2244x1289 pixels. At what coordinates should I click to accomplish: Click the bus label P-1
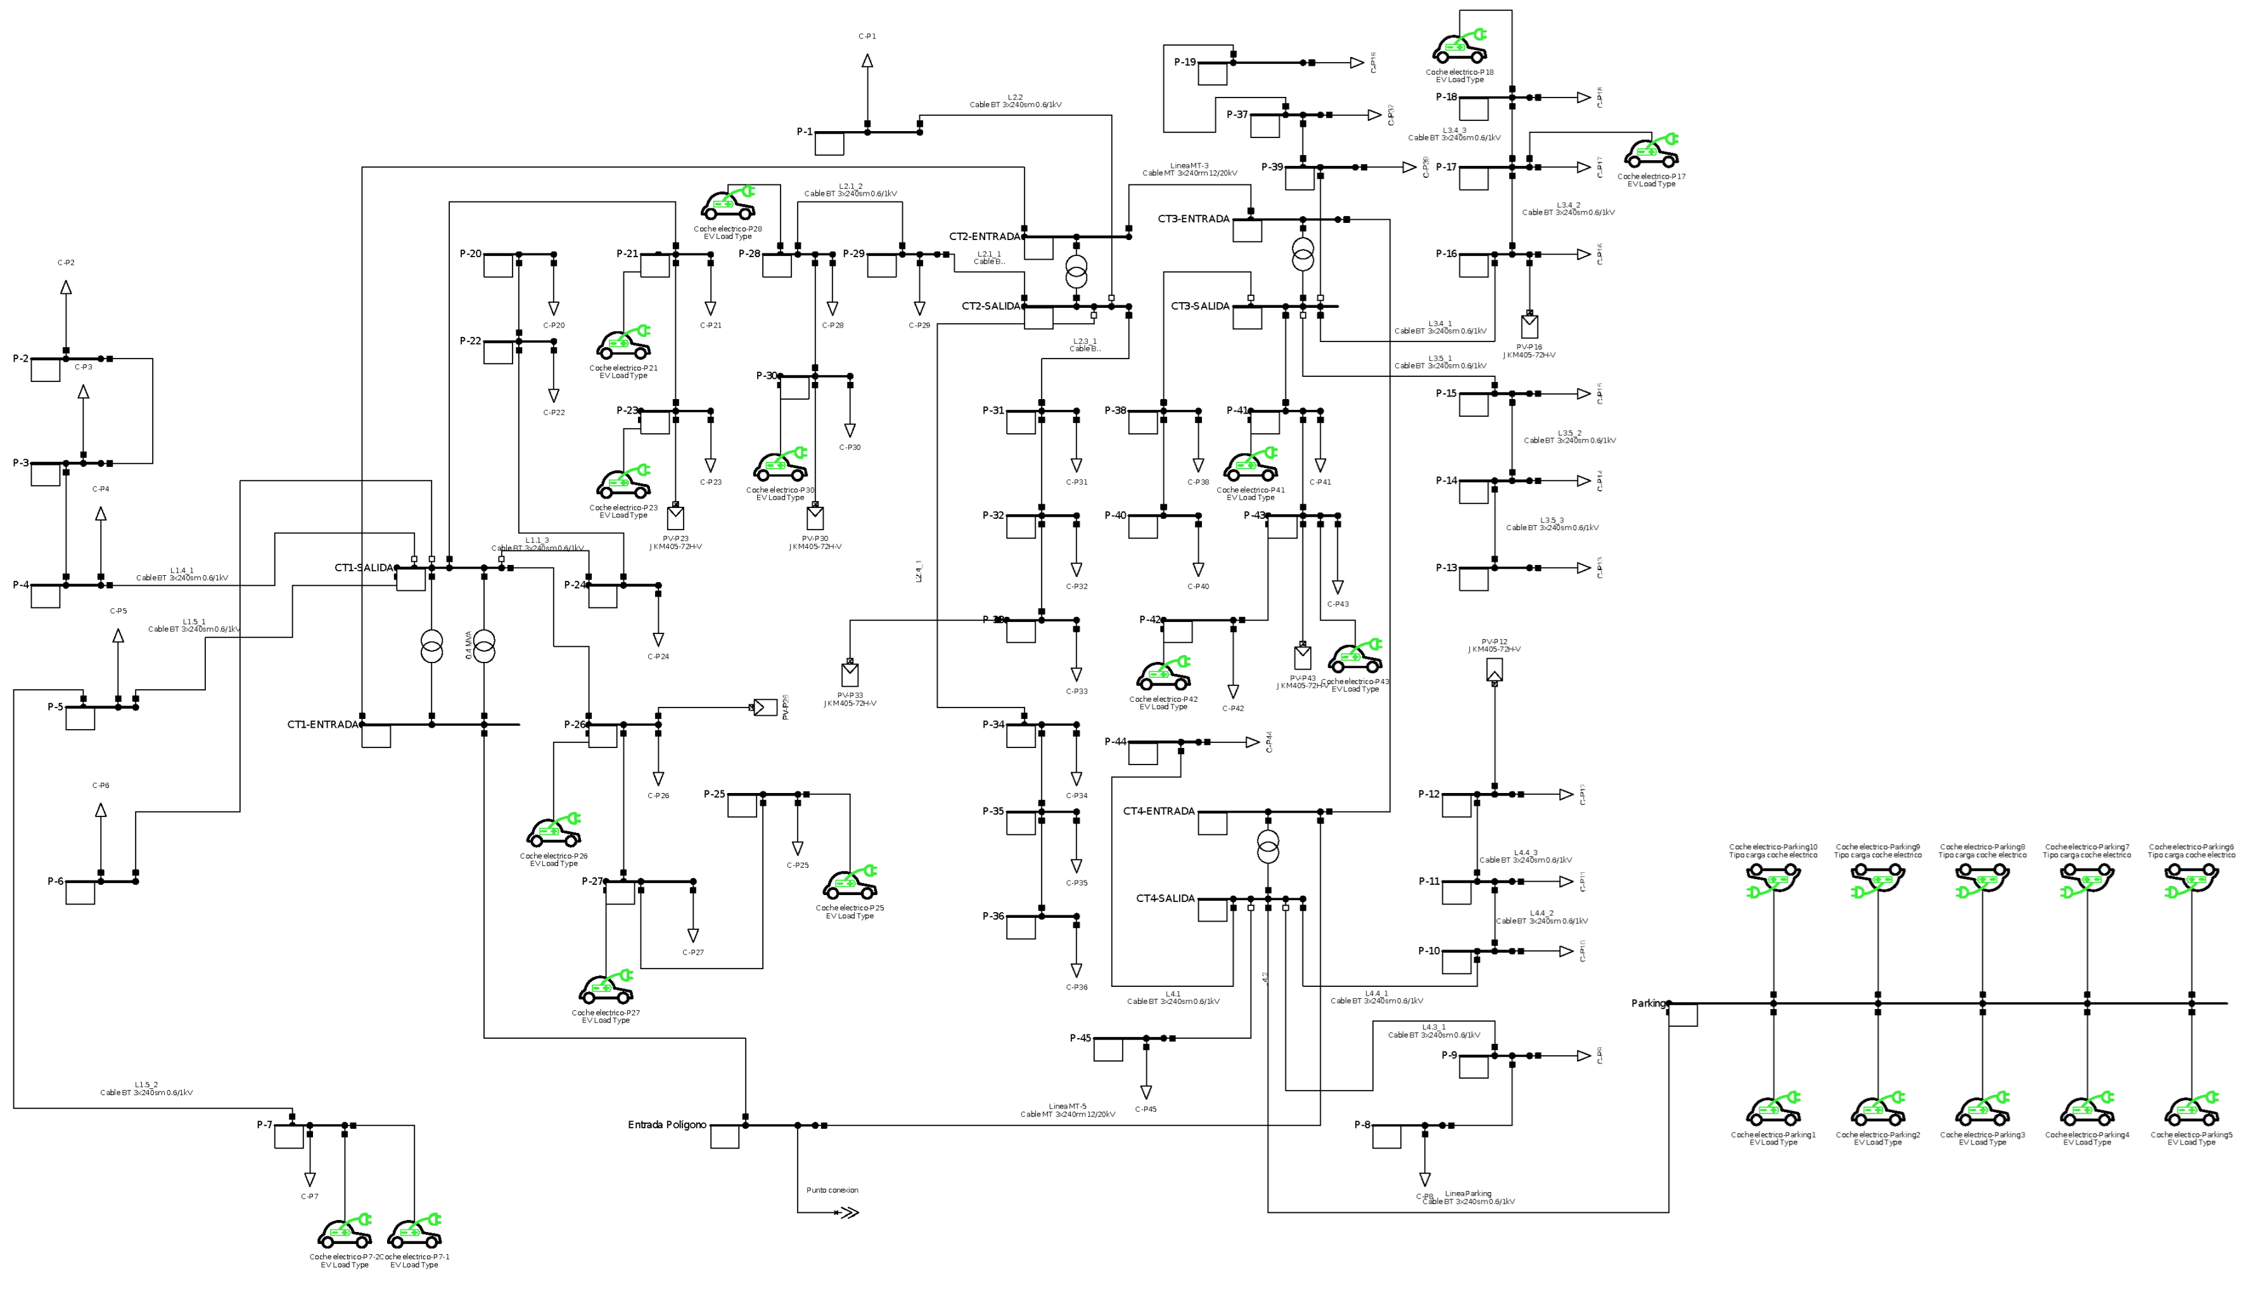[804, 132]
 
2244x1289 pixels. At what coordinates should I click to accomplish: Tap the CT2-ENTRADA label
[985, 236]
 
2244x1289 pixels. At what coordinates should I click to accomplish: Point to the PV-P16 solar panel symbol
[1529, 326]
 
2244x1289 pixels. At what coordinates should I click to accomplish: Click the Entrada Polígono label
[666, 1125]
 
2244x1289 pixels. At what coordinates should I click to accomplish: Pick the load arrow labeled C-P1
[867, 61]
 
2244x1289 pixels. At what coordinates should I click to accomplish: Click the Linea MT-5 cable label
[1067, 1110]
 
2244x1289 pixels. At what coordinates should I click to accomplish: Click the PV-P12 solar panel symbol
[1495, 670]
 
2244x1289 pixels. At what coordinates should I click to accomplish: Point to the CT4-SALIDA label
[1165, 899]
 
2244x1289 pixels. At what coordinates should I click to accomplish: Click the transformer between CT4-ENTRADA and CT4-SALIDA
[1268, 846]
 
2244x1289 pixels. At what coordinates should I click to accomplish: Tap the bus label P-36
[993, 917]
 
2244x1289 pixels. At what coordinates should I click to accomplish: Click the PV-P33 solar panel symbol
[850, 674]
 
